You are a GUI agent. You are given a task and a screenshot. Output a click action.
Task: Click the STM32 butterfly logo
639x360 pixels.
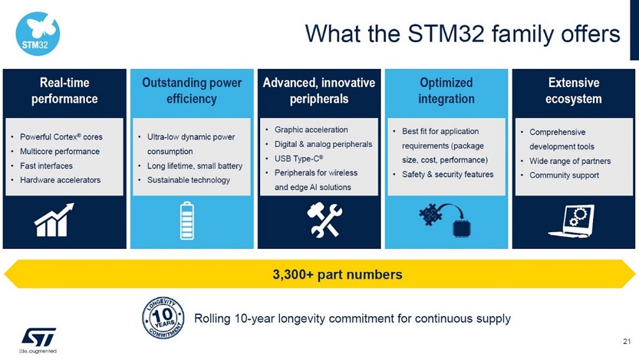point(37,34)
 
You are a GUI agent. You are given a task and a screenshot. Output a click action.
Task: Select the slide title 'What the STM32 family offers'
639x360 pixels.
point(463,33)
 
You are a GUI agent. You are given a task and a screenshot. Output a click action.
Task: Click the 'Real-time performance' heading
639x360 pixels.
point(64,90)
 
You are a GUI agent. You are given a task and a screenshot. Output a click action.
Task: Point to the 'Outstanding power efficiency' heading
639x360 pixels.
point(192,90)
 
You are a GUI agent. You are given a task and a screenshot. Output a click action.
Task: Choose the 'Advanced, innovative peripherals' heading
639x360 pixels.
point(319,90)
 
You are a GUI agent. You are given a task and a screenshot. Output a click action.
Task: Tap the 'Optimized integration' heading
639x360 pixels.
point(446,90)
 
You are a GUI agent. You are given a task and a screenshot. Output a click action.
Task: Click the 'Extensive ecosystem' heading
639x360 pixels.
point(573,90)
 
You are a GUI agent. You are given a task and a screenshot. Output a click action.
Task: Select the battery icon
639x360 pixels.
point(187,220)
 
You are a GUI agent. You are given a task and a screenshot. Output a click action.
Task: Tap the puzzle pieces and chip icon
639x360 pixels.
point(445,219)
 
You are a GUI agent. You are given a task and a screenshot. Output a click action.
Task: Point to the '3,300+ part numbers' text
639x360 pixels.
point(337,274)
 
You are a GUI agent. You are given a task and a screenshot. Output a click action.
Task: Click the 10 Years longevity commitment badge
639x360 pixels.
point(163,317)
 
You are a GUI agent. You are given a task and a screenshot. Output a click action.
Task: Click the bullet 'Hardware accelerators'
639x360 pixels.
point(60,180)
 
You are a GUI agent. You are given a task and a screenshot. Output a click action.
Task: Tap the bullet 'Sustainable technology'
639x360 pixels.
point(189,180)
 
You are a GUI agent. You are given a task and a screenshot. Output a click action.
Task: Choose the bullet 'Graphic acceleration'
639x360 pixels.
point(311,130)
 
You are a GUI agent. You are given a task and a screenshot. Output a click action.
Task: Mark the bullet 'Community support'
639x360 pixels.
point(564,175)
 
